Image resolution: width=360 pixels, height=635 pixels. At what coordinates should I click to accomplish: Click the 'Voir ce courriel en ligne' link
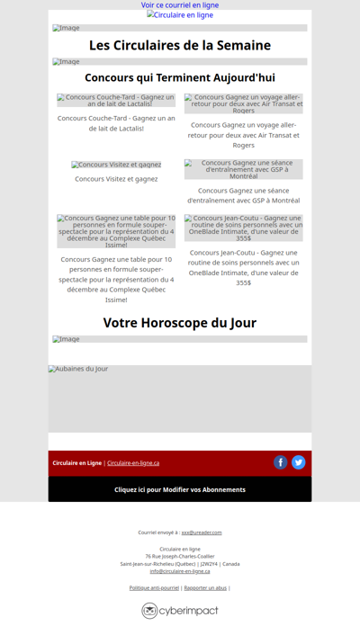pos(180,5)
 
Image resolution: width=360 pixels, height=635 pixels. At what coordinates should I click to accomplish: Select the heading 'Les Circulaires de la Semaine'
pos(180,45)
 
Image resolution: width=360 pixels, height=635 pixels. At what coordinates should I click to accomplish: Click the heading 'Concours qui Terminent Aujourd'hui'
pos(180,77)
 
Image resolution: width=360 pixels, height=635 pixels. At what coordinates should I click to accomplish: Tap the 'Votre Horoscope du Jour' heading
pos(180,323)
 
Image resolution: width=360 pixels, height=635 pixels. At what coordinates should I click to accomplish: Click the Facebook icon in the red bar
pos(281,462)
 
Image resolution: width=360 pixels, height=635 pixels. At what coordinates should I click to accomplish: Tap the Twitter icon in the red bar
pos(299,462)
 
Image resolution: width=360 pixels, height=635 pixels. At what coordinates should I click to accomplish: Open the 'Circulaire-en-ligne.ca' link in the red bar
pos(133,463)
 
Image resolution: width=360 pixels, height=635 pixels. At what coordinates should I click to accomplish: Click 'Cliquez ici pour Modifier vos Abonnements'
pos(180,489)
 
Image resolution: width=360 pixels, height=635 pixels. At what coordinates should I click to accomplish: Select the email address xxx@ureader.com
pos(202,532)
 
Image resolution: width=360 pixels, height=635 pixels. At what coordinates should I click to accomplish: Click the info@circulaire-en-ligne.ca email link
pos(180,571)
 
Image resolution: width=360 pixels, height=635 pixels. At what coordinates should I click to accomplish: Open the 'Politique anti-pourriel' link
pos(154,588)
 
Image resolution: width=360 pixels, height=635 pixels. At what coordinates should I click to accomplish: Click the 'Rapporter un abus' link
pos(205,588)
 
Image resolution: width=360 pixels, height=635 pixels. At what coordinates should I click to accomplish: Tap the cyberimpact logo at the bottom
pos(180,611)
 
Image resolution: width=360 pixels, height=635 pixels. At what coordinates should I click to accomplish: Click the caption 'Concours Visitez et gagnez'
pos(116,179)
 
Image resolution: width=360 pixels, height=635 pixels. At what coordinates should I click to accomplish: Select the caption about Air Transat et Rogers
pos(244,135)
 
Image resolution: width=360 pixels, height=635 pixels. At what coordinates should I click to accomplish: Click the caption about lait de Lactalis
pos(116,123)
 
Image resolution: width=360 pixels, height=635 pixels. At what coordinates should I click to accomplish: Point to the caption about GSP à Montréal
pos(244,195)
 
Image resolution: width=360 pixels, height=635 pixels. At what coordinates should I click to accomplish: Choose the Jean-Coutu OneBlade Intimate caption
pos(244,267)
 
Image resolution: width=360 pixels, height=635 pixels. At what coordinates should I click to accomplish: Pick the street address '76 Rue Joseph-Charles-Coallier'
pos(180,556)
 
